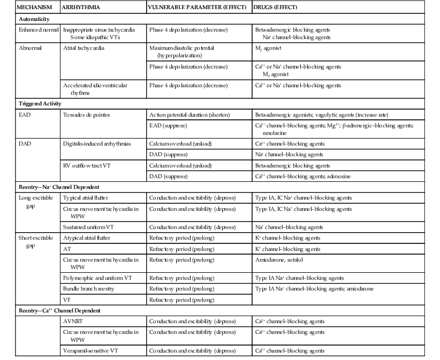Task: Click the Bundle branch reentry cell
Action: click(x=90, y=289)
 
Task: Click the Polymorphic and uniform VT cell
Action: click(x=98, y=278)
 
